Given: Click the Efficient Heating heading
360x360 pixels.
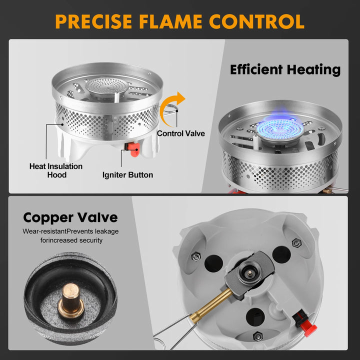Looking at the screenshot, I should click(x=285, y=69).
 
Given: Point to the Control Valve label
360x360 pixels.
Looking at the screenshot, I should click(x=180, y=133).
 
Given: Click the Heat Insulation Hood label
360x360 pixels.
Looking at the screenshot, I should click(x=56, y=170).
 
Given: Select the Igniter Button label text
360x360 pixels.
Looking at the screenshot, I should click(x=127, y=174).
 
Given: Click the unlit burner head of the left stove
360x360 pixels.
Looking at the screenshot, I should click(x=103, y=86).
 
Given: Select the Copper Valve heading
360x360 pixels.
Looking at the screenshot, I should click(x=70, y=217).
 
